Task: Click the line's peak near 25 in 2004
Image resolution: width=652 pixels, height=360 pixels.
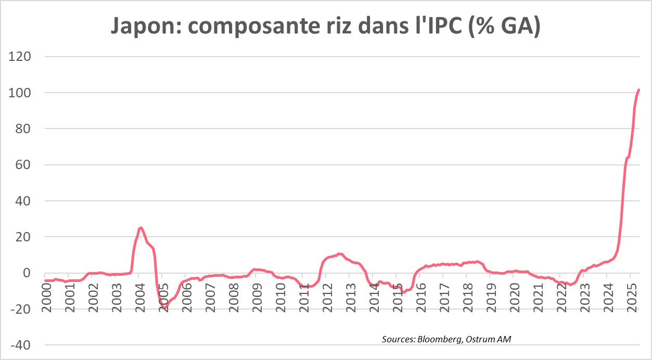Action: [x=140, y=227]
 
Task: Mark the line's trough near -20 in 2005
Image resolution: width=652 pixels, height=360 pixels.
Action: [x=164, y=308]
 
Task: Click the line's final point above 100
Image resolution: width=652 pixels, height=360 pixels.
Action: [x=638, y=90]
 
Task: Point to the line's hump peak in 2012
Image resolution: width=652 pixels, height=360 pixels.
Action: [x=339, y=254]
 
